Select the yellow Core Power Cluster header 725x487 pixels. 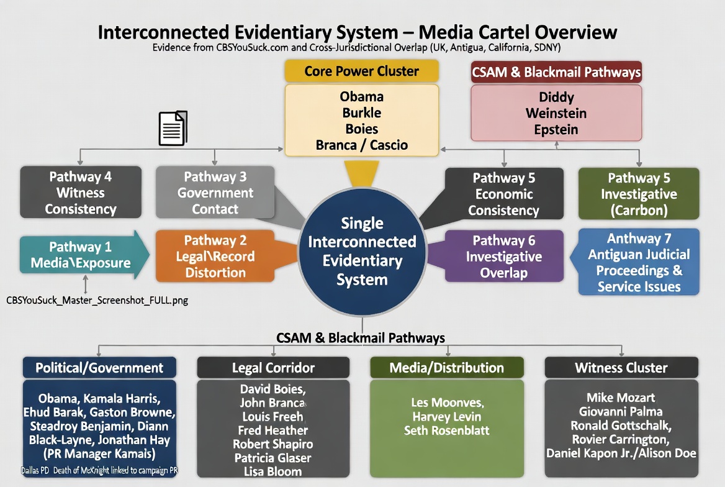coord(361,71)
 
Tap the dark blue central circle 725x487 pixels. coord(362,251)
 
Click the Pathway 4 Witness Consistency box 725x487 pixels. coord(80,193)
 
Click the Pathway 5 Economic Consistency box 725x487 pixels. coord(503,194)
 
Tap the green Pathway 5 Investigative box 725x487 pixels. coord(639,194)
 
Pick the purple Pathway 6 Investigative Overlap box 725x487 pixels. coord(503,257)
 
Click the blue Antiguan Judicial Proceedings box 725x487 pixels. coord(639,262)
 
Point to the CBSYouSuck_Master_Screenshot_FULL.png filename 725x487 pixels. coord(97,300)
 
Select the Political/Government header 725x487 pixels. coord(99,368)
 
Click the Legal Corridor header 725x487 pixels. coord(273,368)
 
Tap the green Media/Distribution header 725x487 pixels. coord(447,368)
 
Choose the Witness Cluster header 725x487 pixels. coord(621,368)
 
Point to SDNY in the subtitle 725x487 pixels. coord(549,47)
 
